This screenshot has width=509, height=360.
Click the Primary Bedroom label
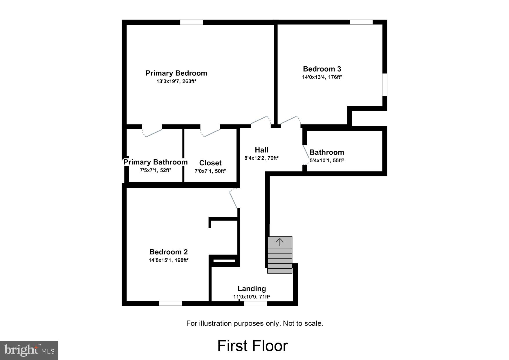[176, 73]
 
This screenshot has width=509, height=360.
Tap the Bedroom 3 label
[322, 69]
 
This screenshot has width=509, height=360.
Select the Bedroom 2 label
[169, 252]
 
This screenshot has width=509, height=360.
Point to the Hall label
[261, 150]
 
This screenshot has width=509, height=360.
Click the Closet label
[210, 163]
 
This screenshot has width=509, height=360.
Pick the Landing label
[252, 289]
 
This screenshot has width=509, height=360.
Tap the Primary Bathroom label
[156, 162]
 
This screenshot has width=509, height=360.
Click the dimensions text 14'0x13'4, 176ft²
[322, 77]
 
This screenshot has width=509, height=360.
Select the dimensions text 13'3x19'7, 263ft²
[176, 82]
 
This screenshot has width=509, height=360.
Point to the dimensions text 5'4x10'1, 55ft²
[327, 160]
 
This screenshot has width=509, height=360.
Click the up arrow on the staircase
[280, 242]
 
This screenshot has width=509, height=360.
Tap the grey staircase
[280, 255]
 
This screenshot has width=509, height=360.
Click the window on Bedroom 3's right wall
[385, 84]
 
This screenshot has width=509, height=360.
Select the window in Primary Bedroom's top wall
[192, 22]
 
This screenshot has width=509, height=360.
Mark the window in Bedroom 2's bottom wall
[170, 303]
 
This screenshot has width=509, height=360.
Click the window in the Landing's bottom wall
[255, 303]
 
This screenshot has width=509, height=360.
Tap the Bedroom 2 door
[233, 199]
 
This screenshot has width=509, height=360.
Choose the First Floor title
[252, 346]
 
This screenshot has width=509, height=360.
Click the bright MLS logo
[29, 350]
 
